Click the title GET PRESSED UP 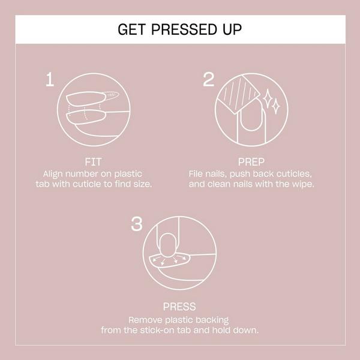coord(180,29)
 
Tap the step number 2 coord(209,80)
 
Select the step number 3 coord(137,225)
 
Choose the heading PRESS coord(180,307)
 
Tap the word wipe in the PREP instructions coord(302,184)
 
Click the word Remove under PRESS coord(145,320)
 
